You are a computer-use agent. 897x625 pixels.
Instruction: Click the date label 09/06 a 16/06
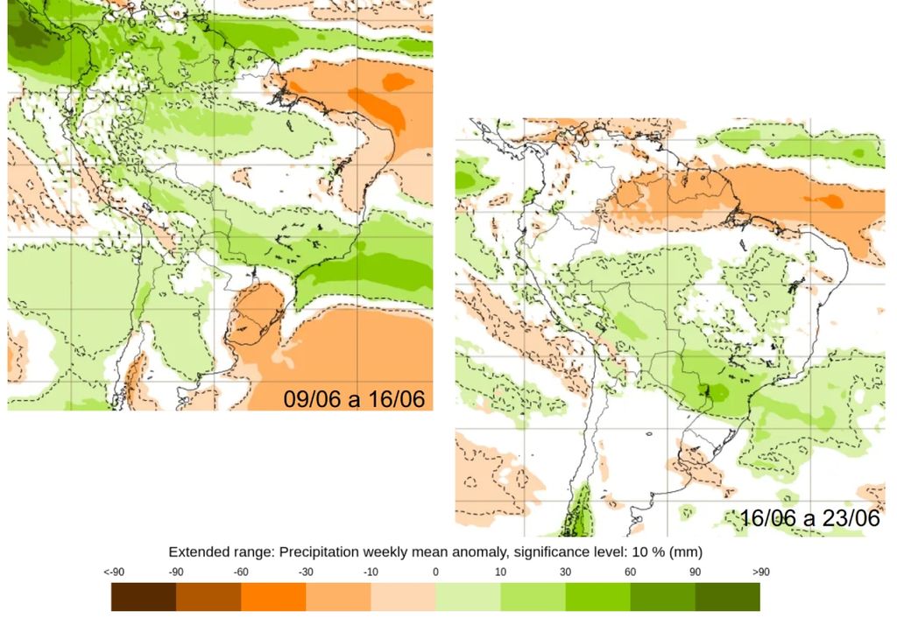coord(354,399)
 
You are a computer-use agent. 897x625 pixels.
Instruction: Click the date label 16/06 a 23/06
coord(809,517)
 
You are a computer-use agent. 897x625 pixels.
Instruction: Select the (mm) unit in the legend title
coord(686,552)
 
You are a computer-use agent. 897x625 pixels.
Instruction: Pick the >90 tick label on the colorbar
coord(759,572)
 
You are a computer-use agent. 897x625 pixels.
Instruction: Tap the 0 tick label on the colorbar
coord(435,572)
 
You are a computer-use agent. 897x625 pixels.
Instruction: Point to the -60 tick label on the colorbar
coord(241,572)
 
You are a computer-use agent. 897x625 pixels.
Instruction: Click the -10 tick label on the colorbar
coord(371,572)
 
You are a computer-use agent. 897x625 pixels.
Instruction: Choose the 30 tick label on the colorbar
coord(565,572)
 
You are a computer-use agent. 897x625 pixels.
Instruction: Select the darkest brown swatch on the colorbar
coord(144,596)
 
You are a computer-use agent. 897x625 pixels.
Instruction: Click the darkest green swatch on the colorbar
coord(727,596)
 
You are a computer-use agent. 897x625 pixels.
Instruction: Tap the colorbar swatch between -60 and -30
coord(273,596)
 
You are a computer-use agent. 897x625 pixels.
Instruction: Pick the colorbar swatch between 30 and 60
coord(597,596)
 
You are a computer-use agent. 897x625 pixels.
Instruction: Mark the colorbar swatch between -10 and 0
coord(403,596)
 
